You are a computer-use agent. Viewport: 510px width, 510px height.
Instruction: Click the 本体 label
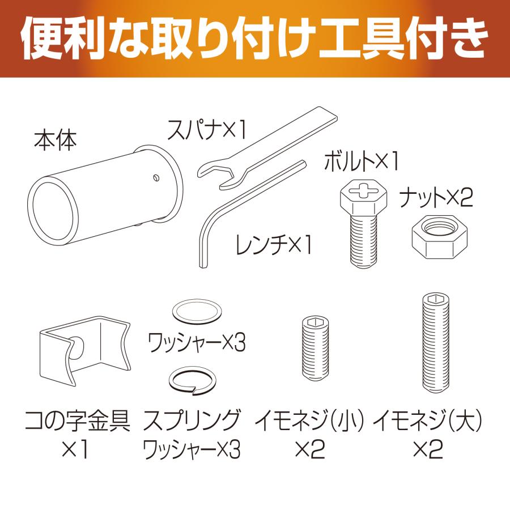(x=54, y=139)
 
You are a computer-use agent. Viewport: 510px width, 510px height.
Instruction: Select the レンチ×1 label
(x=274, y=245)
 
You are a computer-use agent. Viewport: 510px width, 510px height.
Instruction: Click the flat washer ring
(x=197, y=312)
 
